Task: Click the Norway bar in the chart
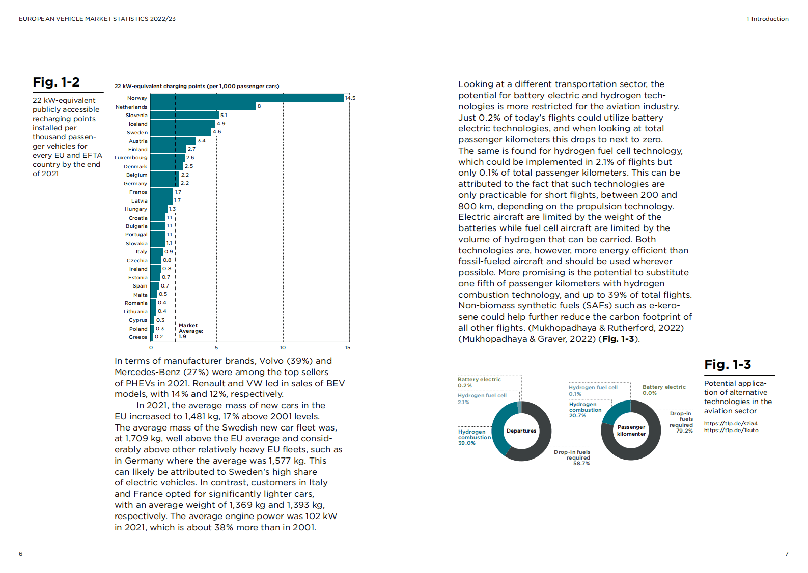[x=247, y=98]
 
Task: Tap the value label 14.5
[x=350, y=98]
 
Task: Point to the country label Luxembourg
[x=131, y=158]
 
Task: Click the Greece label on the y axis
[x=138, y=337]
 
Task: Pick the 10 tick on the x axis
[x=283, y=348]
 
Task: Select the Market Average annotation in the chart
[x=190, y=331]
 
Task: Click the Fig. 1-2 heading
[x=56, y=82]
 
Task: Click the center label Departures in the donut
[x=521, y=431]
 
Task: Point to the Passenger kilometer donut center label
[x=631, y=431]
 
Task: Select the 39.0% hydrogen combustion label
[x=473, y=437]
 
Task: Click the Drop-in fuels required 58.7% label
[x=573, y=457]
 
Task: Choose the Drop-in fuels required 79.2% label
[x=681, y=422]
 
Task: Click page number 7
[x=787, y=554]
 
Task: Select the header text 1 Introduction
[x=767, y=19]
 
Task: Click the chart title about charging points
[x=197, y=86]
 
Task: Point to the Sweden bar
[x=180, y=132]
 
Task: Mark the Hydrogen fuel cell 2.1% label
[x=482, y=398]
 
